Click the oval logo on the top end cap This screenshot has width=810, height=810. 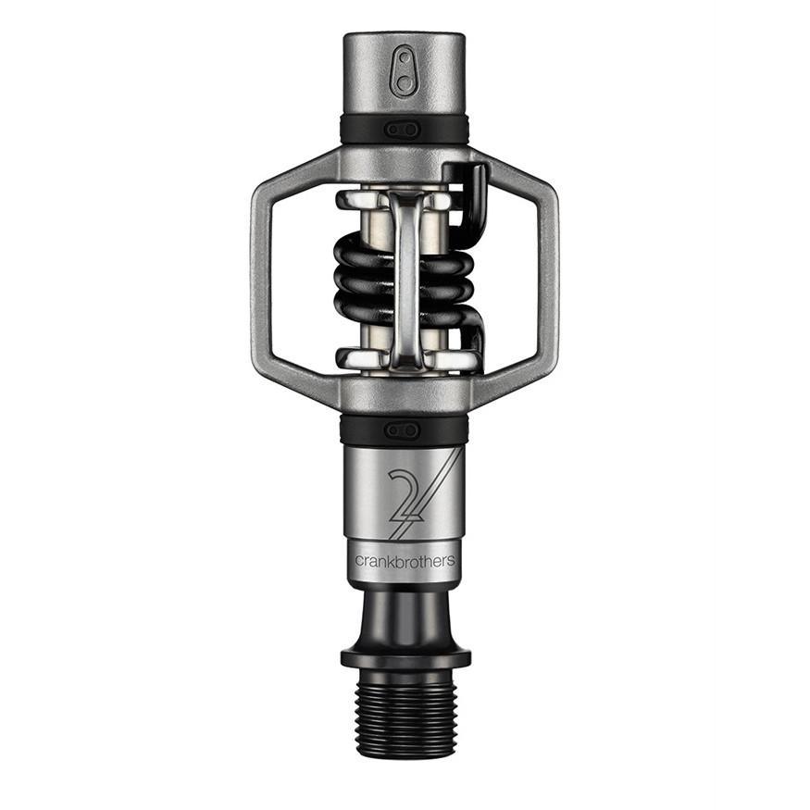coord(405,70)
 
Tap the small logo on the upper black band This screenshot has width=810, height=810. coord(404,130)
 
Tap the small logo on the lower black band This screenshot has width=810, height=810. coord(404,430)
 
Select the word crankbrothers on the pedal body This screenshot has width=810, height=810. coord(405,560)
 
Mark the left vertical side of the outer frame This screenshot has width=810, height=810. coord(262,277)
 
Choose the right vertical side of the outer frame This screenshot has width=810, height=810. coord(547,277)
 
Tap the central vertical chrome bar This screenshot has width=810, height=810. coord(405,278)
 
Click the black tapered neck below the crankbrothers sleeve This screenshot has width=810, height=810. coord(405,616)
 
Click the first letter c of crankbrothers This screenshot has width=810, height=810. coord(359,561)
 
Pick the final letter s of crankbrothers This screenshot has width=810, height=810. coord(451,561)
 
